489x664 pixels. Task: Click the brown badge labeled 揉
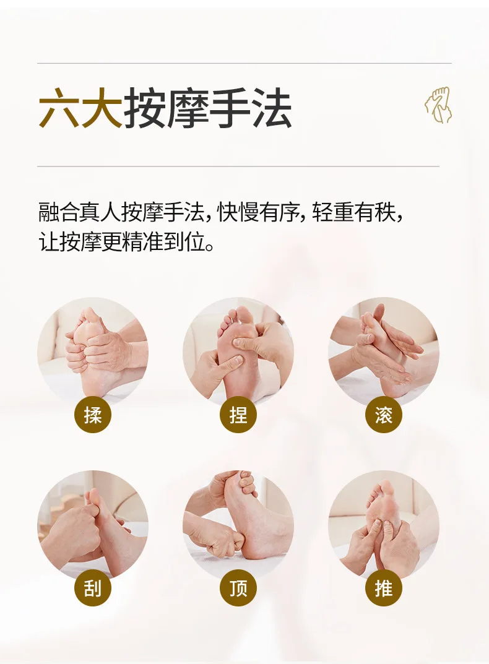point(93,415)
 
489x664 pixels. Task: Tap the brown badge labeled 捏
point(238,415)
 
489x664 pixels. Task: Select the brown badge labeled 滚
point(384,415)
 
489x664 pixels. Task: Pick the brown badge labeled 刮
point(93,589)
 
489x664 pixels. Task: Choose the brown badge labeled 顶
point(238,589)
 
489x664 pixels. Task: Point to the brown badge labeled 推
point(384,589)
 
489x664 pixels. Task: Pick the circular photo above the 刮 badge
point(93,526)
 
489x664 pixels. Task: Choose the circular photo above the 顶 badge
point(238,526)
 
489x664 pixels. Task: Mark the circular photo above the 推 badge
point(384,526)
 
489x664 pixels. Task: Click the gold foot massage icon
point(439,105)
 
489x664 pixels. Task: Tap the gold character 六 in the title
point(59,108)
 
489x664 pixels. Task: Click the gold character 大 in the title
point(102,108)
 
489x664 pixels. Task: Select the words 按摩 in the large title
point(165,108)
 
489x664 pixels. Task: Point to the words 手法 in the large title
point(250,108)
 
